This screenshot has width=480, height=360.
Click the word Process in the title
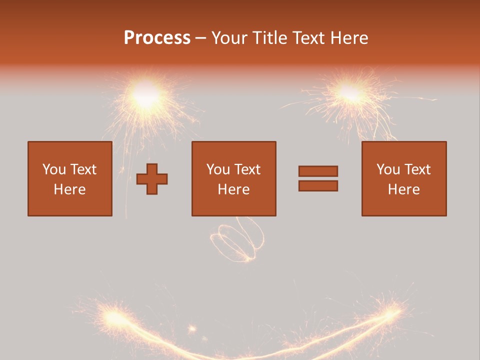click(157, 38)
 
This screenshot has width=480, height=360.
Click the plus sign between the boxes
click(152, 179)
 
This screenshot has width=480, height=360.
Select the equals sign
click(318, 178)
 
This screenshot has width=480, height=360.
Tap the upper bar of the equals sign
click(318, 171)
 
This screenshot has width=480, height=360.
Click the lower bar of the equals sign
click(318, 185)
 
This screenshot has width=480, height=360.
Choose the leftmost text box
click(70, 178)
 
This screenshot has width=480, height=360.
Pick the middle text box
click(233, 178)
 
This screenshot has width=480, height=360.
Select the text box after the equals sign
click(403, 178)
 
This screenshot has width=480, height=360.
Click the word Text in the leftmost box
click(82, 169)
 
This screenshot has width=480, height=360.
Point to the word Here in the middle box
click(233, 189)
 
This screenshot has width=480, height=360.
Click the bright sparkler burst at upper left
click(146, 93)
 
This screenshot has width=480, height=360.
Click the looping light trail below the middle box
click(235, 240)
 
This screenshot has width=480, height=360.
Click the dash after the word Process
click(201, 38)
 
